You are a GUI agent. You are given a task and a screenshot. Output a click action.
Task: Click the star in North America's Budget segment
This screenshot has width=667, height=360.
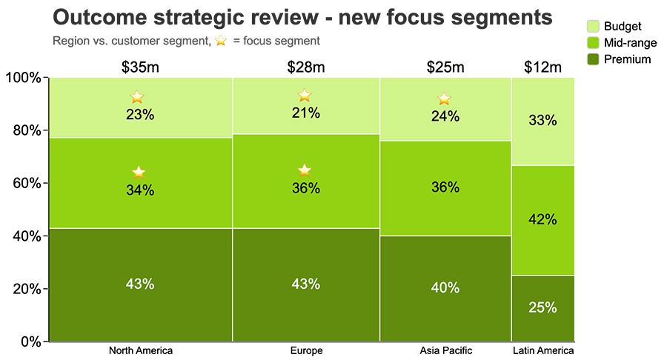(x=137, y=97)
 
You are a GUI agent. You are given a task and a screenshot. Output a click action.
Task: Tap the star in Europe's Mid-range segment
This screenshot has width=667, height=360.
(x=305, y=170)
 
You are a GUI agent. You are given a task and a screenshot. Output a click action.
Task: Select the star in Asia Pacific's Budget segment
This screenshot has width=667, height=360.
(x=444, y=99)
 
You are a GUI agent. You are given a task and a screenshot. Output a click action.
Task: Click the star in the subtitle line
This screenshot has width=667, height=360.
(x=221, y=41)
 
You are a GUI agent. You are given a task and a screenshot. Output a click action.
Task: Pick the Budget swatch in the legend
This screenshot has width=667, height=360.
(x=593, y=26)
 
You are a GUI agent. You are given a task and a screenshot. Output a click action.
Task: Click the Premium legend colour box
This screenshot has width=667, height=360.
(x=593, y=59)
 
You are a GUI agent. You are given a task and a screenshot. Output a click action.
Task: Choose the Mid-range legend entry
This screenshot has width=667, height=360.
(x=622, y=42)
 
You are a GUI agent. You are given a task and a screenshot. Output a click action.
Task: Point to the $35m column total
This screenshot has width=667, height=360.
(x=140, y=67)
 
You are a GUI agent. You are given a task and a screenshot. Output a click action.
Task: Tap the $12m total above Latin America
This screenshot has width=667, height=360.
(x=542, y=67)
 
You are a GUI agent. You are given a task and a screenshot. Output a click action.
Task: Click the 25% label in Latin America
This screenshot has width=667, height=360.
(x=542, y=307)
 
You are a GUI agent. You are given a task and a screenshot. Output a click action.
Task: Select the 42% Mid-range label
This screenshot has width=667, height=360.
(x=542, y=219)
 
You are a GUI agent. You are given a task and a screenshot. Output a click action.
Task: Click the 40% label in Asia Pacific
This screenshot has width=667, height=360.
(x=445, y=287)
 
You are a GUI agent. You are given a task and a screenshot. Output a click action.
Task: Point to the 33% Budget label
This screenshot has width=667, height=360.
(x=542, y=120)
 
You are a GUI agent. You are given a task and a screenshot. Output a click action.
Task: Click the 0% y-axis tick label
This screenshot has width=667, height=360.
(x=30, y=341)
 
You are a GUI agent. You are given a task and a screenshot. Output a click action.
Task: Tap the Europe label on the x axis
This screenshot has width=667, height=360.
(x=306, y=350)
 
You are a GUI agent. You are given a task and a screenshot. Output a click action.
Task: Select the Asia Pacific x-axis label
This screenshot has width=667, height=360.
(x=446, y=350)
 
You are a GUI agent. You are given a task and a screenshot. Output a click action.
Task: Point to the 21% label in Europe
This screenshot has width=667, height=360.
(x=306, y=113)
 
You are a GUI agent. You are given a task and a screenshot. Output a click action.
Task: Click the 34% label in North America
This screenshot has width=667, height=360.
(x=140, y=190)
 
